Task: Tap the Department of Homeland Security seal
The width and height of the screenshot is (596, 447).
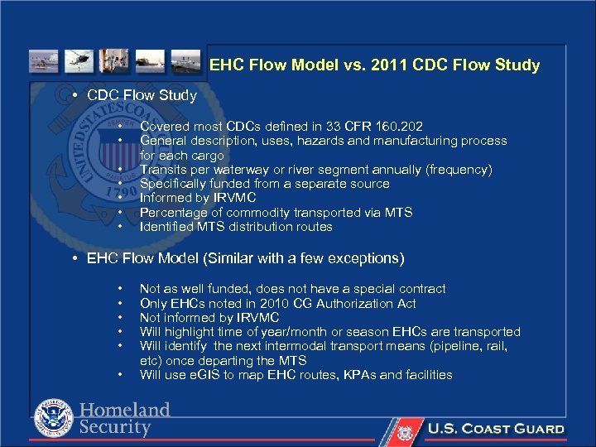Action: click(x=53, y=419)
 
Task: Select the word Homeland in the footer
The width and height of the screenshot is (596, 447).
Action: click(x=124, y=411)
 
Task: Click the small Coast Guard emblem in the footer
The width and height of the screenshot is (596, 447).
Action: click(x=405, y=430)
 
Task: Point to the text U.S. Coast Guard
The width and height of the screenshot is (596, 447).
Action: click(x=495, y=430)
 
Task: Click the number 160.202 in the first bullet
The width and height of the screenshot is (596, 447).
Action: click(x=399, y=127)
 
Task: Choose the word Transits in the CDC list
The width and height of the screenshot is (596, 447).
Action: click(x=163, y=170)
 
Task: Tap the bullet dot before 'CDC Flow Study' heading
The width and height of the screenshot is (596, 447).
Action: click(x=75, y=96)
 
